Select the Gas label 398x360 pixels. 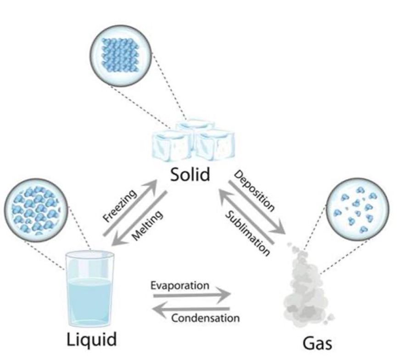pyautogui.click(x=317, y=343)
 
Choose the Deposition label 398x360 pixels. pyautogui.click(x=254, y=191)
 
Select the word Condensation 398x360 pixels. pyautogui.click(x=205, y=317)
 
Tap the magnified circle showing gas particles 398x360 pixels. pyautogui.click(x=353, y=206)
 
